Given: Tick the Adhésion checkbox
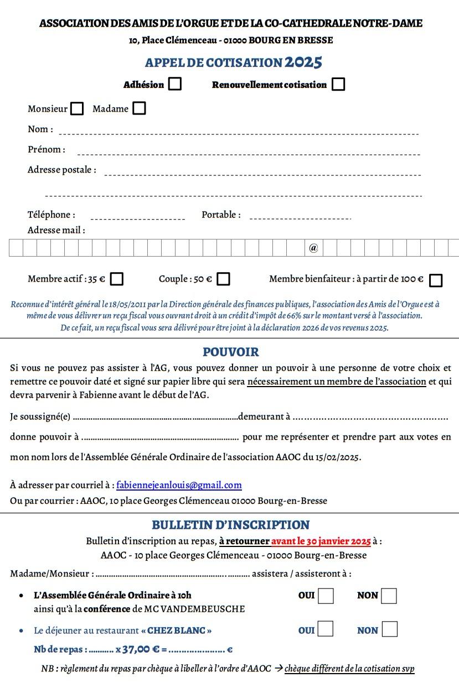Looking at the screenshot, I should click(175, 84).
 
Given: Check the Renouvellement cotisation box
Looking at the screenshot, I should click(338, 84).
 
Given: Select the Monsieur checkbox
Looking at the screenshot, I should click(77, 108).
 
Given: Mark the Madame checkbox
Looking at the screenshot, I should click(140, 108).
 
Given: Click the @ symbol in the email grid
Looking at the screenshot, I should click(313, 248).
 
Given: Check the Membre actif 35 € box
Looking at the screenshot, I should click(116, 279).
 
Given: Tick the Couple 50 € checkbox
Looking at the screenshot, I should click(223, 279).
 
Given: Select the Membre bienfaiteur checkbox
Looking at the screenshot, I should click(436, 280).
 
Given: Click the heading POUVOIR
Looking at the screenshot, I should click(230, 352).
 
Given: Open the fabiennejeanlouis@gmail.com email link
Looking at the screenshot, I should click(179, 485).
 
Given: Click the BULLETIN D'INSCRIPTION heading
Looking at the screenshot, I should click(230, 524).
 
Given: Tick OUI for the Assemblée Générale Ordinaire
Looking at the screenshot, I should click(326, 596).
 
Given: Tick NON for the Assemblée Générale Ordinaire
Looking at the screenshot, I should click(389, 596).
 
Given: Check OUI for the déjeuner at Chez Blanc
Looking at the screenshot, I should click(326, 629).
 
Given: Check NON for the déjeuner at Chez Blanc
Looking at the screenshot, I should click(390, 629).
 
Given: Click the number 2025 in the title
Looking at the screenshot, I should click(303, 62).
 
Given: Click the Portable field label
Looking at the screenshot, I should click(221, 215).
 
